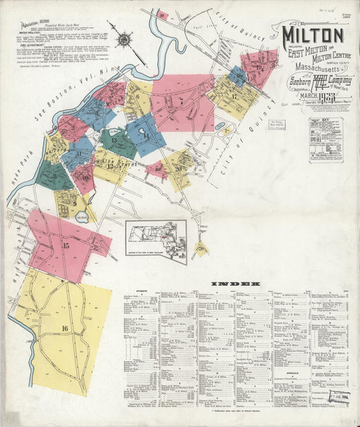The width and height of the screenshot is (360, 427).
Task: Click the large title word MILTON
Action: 312,34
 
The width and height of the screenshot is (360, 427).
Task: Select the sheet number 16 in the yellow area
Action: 65,328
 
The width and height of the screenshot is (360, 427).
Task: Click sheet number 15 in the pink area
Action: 66,246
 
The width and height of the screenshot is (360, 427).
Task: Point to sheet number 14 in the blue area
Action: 146,136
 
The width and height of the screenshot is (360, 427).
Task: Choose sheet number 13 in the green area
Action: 114,141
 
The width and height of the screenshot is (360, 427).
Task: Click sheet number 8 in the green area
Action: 54,176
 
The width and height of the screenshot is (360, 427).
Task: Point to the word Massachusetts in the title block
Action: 309,71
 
